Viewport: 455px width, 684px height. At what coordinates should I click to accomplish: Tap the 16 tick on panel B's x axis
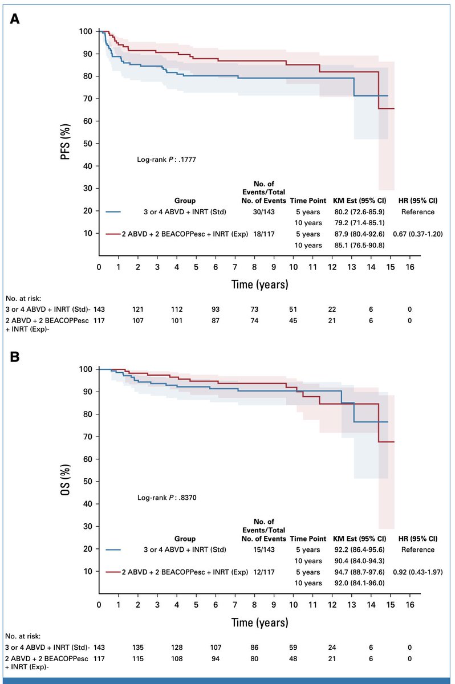pyautogui.click(x=409, y=605)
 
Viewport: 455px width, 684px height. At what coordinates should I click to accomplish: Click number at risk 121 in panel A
pyautogui.click(x=137, y=308)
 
